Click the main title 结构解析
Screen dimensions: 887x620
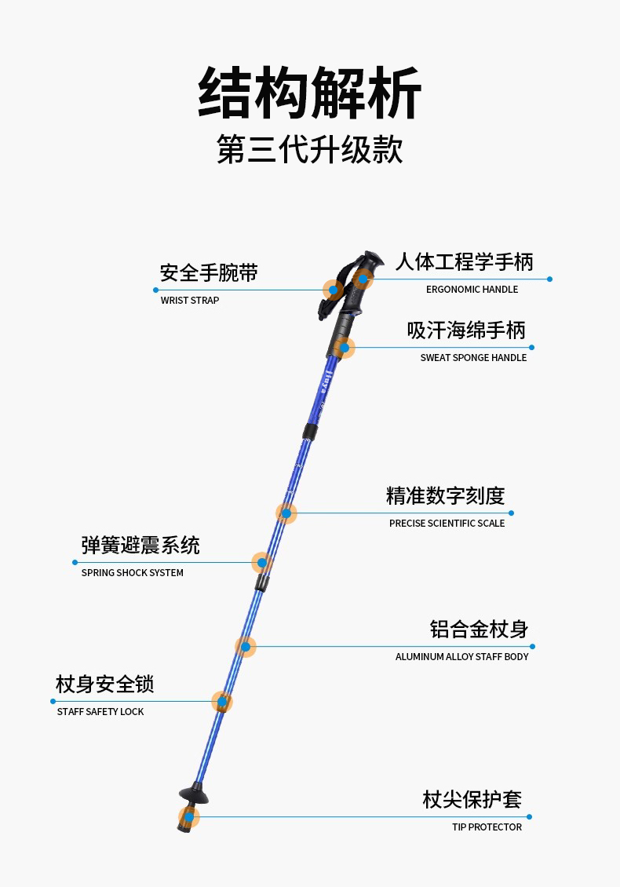coord(310,93)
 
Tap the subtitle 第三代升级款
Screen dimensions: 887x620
coord(310,149)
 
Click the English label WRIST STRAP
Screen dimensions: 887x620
coord(190,301)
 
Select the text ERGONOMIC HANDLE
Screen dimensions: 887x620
coord(472,290)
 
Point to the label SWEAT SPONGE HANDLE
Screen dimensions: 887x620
coord(473,358)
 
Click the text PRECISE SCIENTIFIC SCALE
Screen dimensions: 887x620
coord(447,524)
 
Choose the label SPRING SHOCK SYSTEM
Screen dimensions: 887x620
coord(133,573)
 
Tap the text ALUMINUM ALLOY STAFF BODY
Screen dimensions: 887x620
coord(461,657)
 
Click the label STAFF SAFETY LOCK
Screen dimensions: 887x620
coord(100,712)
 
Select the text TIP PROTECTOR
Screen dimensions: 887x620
coord(487,827)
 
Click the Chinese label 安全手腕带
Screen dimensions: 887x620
coord(209,273)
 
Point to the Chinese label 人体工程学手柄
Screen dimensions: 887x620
coord(464,262)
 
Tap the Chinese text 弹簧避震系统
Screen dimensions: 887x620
coord(140,546)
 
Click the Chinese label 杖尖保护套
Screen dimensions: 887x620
coord(472,800)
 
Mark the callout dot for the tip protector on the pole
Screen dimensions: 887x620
coord(189,817)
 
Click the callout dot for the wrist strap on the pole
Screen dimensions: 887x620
coord(334,290)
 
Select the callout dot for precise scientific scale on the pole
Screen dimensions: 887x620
coord(286,513)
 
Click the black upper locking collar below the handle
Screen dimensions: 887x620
coord(312,432)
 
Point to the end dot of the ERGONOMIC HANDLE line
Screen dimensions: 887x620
coord(549,279)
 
